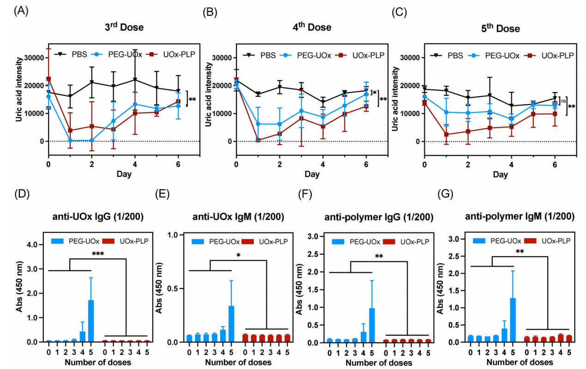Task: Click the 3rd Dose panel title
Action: (124, 27)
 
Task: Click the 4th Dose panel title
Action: (312, 27)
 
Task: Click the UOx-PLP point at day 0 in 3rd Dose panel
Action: (48, 79)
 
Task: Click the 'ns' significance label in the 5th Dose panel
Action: (563, 100)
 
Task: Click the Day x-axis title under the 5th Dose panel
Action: (500, 175)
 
